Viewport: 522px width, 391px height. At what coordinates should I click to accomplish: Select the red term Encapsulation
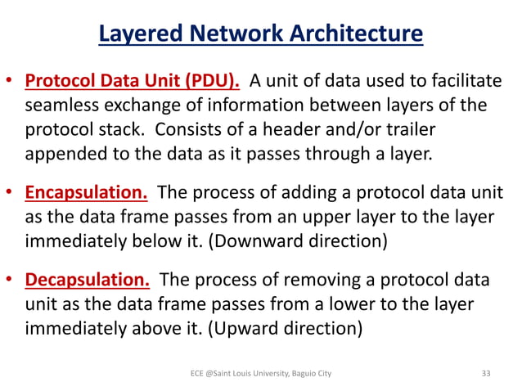pyautogui.click(x=86, y=193)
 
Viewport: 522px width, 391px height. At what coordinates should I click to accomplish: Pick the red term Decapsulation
pyautogui.click(x=88, y=281)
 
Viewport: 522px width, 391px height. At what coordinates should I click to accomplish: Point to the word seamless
pyautogui.click(x=61, y=106)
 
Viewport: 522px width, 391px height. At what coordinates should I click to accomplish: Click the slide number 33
pyautogui.click(x=486, y=373)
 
